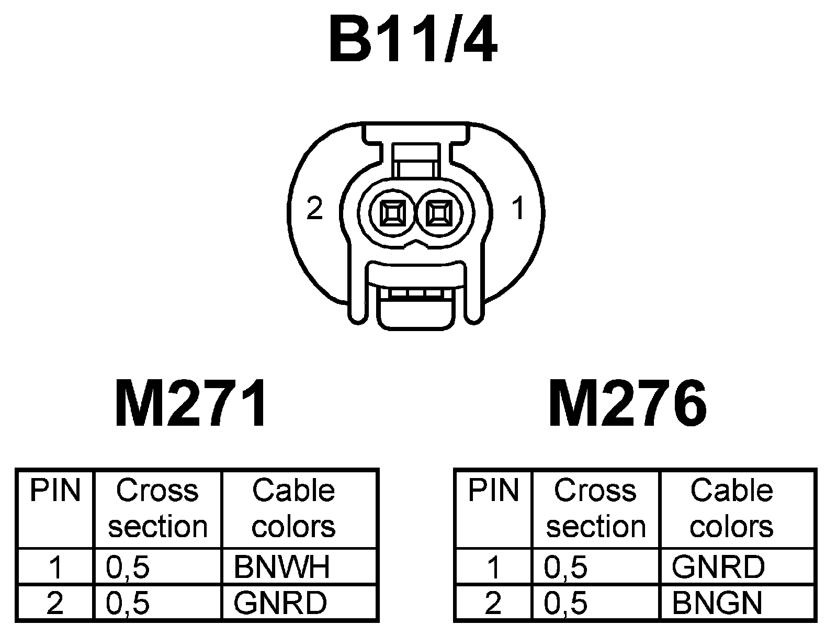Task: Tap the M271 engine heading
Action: (190, 404)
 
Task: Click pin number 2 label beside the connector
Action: (314, 210)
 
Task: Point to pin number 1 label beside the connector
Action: (518, 210)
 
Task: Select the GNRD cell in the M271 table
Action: (280, 603)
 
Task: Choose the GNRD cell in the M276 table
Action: (718, 566)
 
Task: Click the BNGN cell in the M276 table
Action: (717, 603)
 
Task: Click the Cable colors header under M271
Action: (293, 508)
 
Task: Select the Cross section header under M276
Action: (596, 508)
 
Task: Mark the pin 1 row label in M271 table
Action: (55, 567)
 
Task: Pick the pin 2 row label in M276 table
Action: (493, 603)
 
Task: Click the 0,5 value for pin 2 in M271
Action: (128, 603)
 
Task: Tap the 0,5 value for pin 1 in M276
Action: (565, 567)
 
